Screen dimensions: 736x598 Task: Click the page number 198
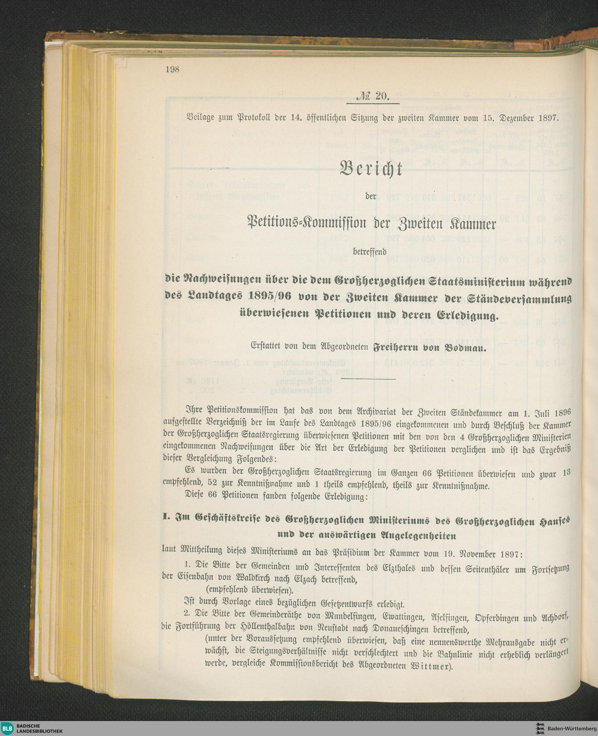[x=172, y=70]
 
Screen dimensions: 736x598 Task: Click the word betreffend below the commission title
[x=370, y=252]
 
